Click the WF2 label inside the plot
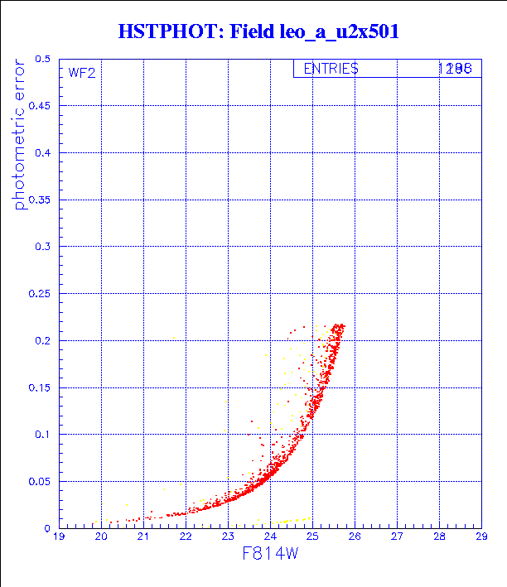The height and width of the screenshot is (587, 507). tap(82, 72)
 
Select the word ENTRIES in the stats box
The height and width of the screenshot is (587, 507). tap(331, 70)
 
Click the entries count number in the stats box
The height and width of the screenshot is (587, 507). tap(455, 70)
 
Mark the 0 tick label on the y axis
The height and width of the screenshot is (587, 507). tap(49, 527)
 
